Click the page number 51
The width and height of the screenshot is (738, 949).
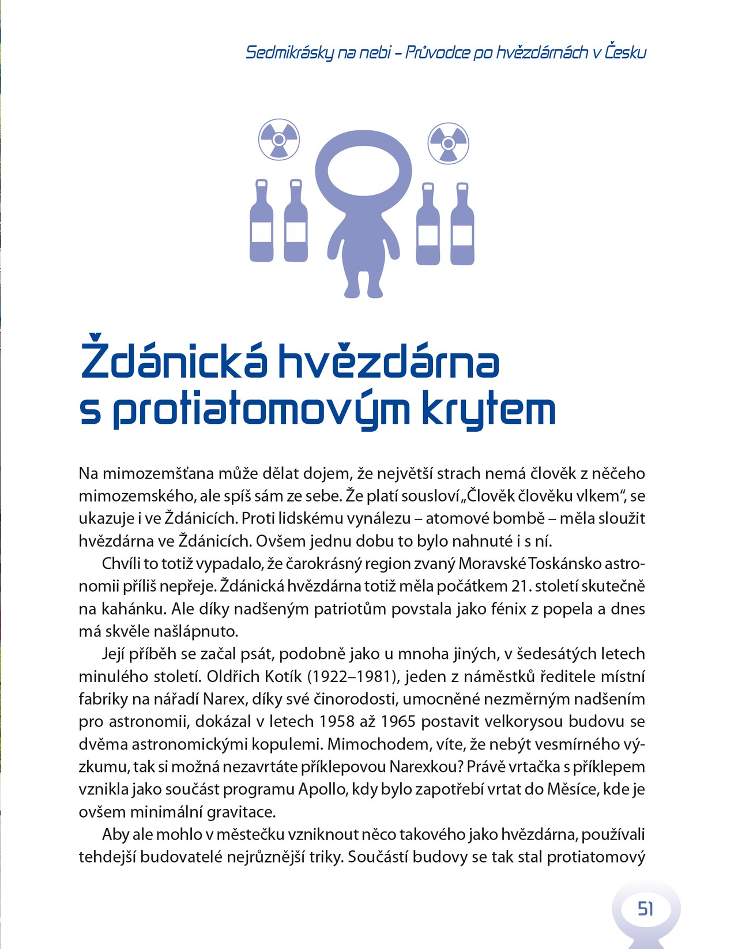(645, 909)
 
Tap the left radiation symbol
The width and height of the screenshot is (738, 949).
(279, 139)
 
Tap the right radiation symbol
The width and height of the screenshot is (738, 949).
(449, 142)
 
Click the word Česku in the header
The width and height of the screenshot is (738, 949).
(626, 52)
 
